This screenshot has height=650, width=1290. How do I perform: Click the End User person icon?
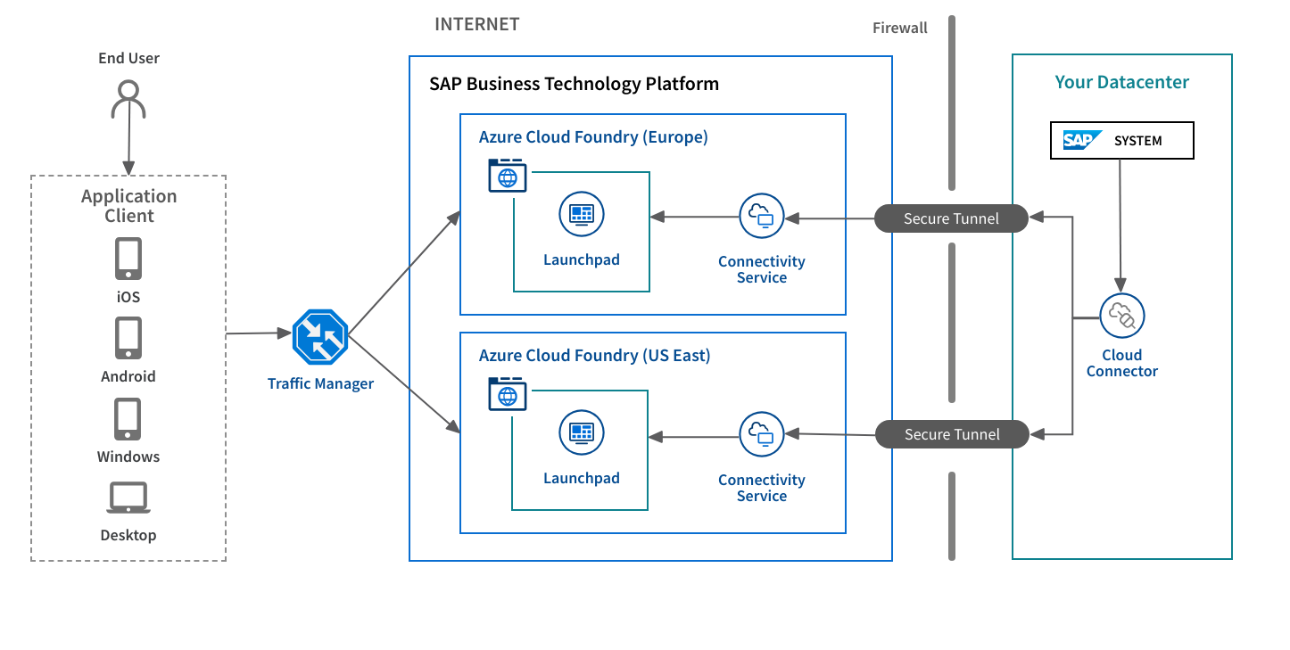[x=128, y=99]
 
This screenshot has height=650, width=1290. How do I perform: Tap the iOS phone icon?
[x=128, y=259]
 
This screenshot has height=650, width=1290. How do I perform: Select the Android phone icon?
[x=128, y=339]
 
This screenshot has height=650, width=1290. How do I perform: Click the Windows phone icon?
[x=128, y=419]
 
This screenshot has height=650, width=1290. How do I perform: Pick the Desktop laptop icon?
[x=128, y=498]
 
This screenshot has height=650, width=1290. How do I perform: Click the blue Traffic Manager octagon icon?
[x=319, y=336]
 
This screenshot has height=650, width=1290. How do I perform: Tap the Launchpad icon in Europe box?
[x=582, y=214]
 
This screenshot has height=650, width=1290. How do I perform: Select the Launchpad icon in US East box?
[x=582, y=432]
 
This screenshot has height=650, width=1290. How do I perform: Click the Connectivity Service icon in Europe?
[x=761, y=216]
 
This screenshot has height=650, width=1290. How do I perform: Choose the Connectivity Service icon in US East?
[x=761, y=434]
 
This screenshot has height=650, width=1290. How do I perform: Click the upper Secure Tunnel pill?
[x=951, y=218]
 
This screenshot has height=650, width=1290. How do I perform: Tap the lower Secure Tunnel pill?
[x=951, y=434]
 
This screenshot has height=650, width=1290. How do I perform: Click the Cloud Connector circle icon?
[x=1121, y=316]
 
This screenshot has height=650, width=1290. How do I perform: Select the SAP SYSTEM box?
[x=1121, y=141]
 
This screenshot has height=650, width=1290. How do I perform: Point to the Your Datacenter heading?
[x=1121, y=83]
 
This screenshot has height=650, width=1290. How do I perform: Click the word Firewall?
[x=899, y=28]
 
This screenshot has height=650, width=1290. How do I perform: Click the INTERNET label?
[x=476, y=25]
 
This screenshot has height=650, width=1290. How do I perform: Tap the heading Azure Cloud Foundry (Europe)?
[x=593, y=137]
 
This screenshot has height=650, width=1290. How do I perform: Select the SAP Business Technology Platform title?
[x=574, y=85]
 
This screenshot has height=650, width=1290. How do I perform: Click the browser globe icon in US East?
[x=508, y=394]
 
